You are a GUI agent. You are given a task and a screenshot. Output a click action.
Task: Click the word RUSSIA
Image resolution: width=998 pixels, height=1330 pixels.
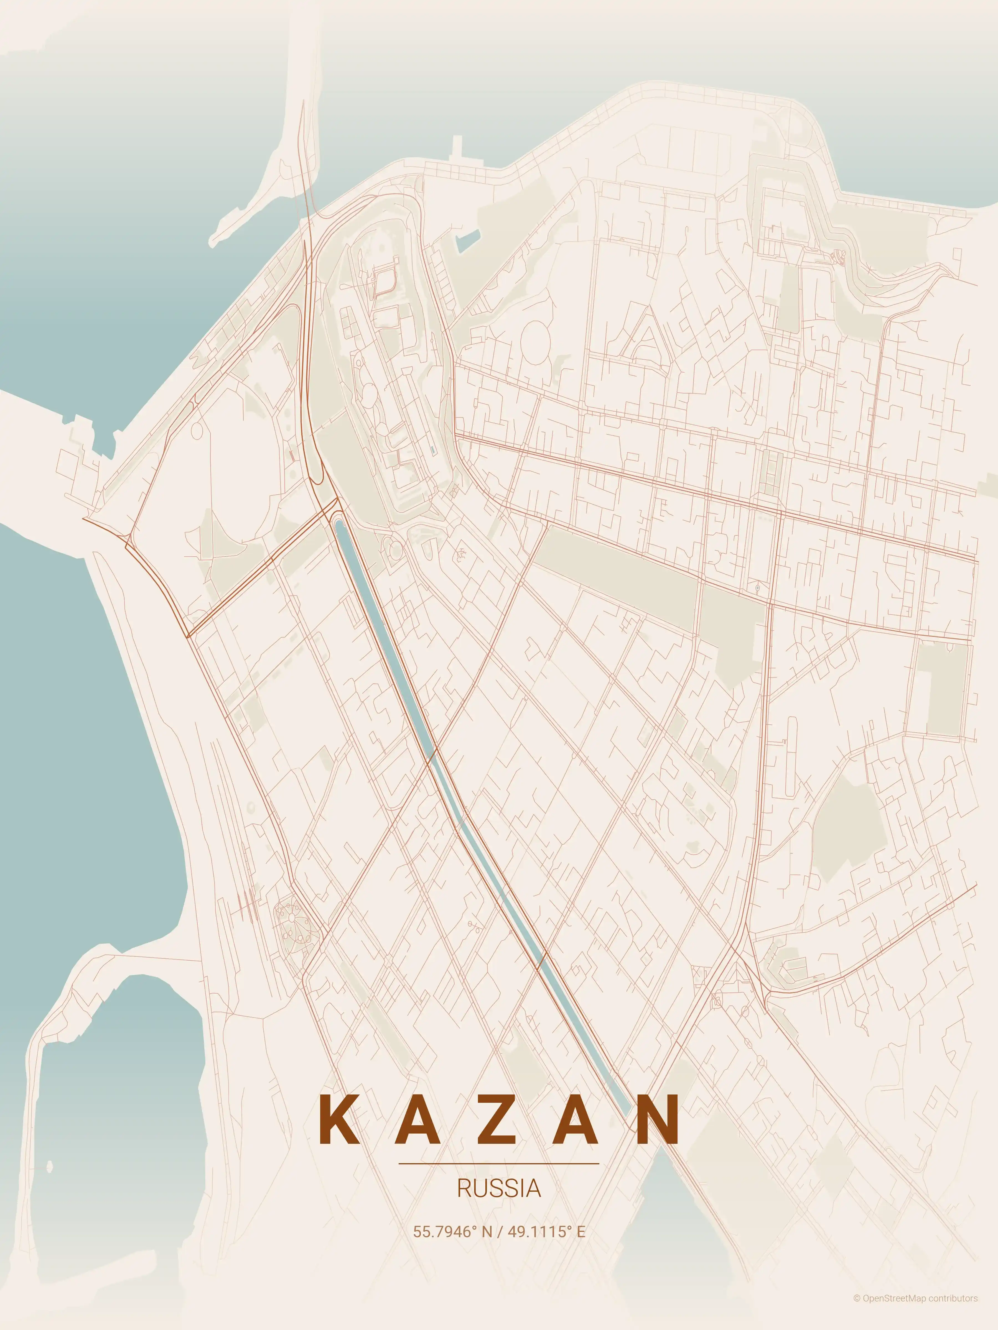tap(499, 1189)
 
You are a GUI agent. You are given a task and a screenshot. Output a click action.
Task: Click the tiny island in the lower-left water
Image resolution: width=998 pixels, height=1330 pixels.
tap(49, 1167)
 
